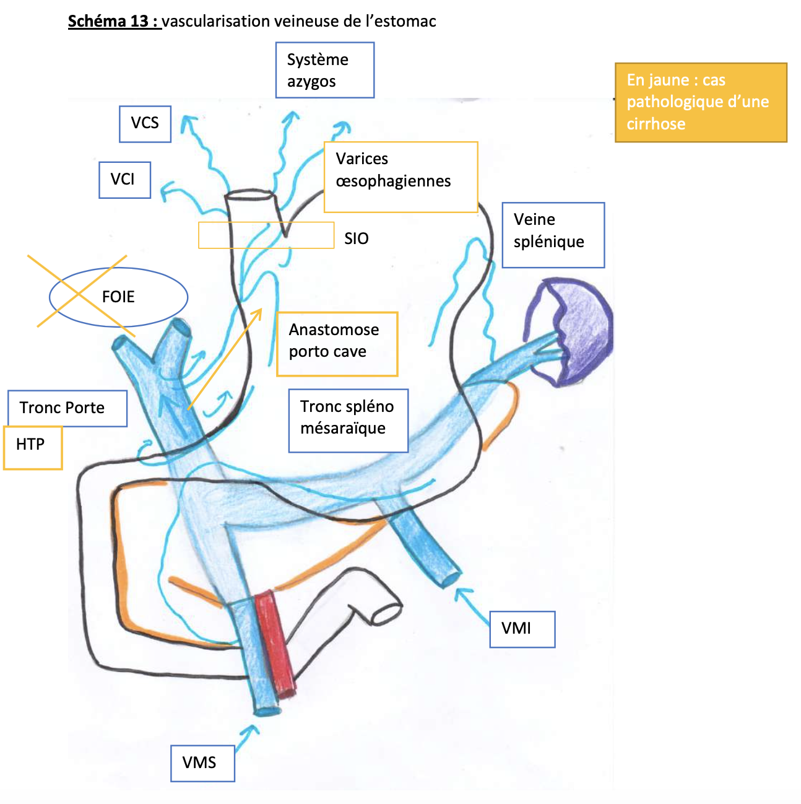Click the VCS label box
(145, 124)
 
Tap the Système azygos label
(324, 70)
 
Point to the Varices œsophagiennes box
(400, 177)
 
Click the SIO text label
(357, 238)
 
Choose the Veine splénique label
(553, 235)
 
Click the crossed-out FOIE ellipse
(118, 297)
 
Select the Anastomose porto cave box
(337, 344)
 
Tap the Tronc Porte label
(67, 408)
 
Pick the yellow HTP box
(33, 447)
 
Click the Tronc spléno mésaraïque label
(348, 421)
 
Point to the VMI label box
(522, 629)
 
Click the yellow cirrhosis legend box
(700, 102)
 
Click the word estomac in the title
(407, 21)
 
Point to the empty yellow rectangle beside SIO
(266, 235)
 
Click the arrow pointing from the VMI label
(473, 605)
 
